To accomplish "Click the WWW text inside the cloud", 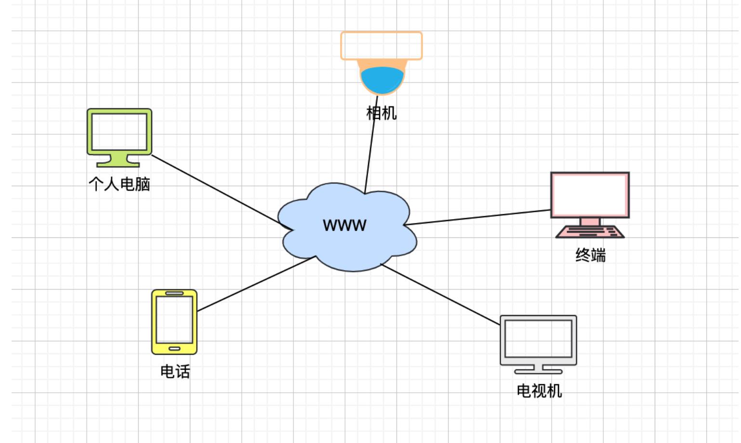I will (344, 225).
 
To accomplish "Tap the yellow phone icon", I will (174, 321).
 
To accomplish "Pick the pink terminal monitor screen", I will (590, 194).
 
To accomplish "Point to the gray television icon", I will (538, 340).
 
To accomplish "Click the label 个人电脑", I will (119, 184).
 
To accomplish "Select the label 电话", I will (175, 372).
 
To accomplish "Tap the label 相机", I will (382, 113).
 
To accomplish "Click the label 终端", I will (590, 255).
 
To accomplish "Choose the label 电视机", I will (539, 390).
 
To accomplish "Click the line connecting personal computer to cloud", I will (217, 190).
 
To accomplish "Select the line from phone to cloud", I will (255, 284).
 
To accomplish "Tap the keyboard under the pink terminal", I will (590, 232).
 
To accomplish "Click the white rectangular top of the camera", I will (382, 46).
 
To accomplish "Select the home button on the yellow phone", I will (174, 348).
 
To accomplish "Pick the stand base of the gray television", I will (538, 372).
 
